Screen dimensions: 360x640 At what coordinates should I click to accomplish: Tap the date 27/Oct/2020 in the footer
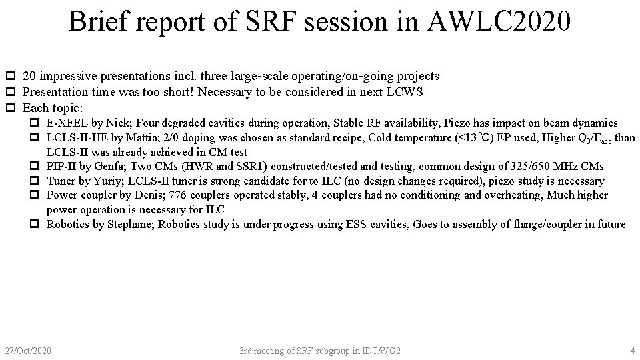(28, 350)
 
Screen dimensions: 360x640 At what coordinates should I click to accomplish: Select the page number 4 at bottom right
(632, 350)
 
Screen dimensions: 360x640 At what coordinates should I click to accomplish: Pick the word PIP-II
(59, 167)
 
